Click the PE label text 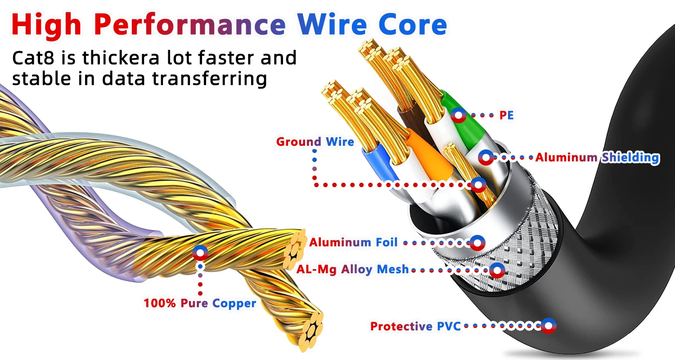pos(506,116)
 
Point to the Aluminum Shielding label pos(597,157)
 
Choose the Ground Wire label pos(315,142)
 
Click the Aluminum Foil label pos(353,243)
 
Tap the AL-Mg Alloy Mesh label pos(353,270)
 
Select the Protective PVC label pos(415,326)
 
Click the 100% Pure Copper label pos(200,303)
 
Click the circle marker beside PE pos(459,116)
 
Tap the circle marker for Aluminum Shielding pos(486,157)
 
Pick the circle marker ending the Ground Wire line pos(478,184)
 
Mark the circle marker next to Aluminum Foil pos(477,243)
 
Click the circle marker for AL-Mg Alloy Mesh pos(497,270)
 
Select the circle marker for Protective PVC pos(548,326)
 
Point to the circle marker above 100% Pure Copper pos(200,253)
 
